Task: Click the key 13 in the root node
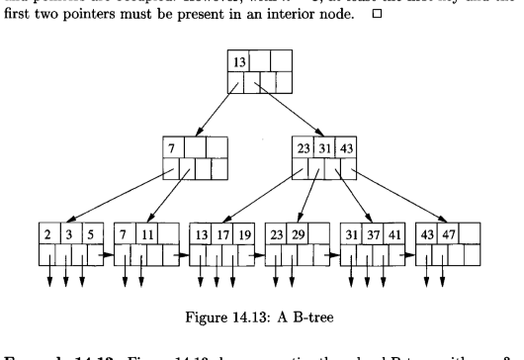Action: pyautogui.click(x=240, y=63)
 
